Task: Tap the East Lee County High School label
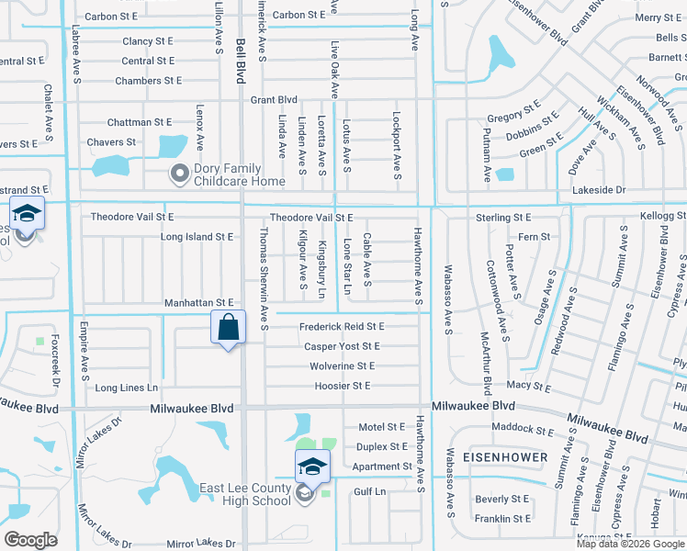245,494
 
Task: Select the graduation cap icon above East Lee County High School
312,467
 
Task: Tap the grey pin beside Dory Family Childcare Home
179,173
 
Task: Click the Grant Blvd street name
274,99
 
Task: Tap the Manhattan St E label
199,302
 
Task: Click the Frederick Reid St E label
342,326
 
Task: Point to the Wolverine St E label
341,365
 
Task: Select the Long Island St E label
197,237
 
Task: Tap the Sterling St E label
503,218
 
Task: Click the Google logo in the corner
30,540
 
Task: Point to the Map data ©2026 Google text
629,544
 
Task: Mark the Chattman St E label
139,121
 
